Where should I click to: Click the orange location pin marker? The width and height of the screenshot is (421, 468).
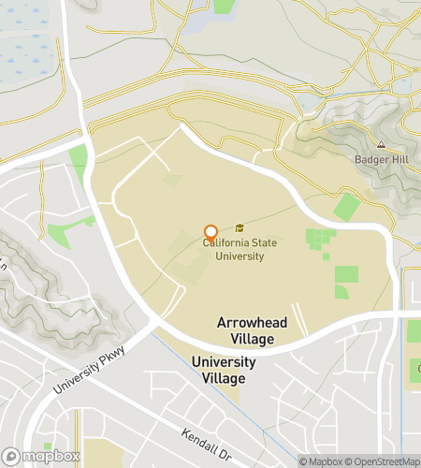(x=211, y=232)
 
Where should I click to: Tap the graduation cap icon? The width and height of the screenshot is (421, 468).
(x=240, y=227)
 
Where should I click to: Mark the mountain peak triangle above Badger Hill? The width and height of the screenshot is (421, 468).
(x=381, y=145)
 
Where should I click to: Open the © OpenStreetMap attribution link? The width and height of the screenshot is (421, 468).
(x=385, y=461)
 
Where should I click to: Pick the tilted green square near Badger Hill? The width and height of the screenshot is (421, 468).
(x=347, y=207)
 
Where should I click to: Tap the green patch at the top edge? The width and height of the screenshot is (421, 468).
(x=224, y=6)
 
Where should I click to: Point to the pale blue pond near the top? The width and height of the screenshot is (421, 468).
(x=196, y=23)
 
